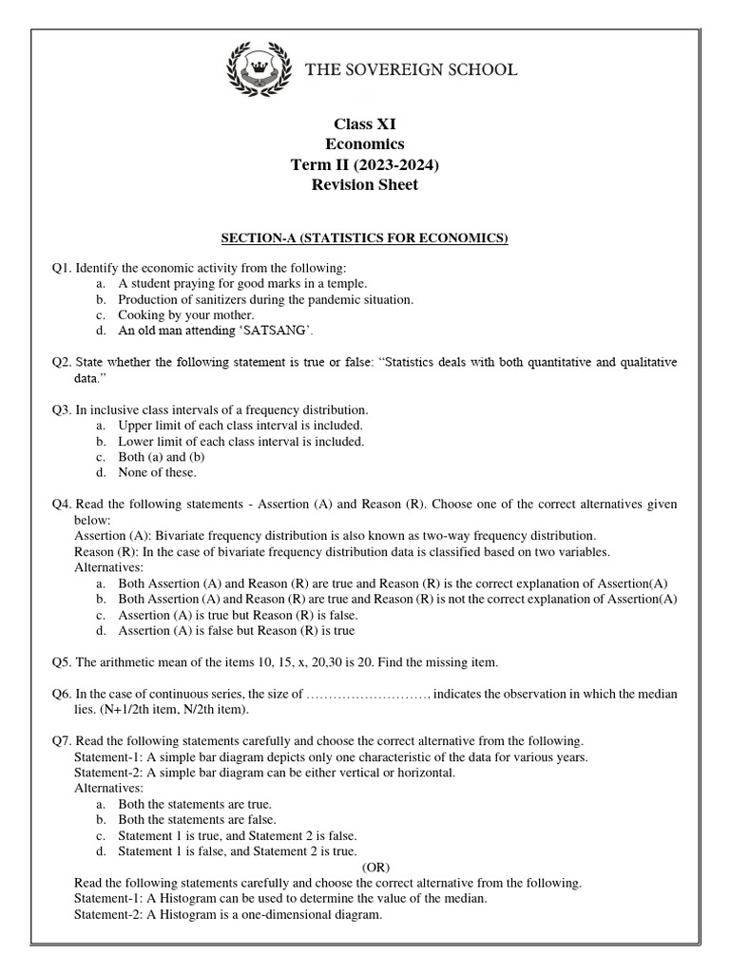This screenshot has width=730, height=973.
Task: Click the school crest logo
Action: pos(260,71)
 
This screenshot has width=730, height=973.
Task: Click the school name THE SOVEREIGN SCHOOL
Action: pos(411,69)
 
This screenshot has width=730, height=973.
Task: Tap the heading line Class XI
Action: pos(365,124)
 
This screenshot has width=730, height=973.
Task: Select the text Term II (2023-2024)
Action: pos(365,164)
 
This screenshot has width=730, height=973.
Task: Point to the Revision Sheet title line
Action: pos(365,184)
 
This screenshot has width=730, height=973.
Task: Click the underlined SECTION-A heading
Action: pos(365,238)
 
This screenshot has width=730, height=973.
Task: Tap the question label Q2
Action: pos(62,363)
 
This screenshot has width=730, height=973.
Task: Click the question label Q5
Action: pos(62,661)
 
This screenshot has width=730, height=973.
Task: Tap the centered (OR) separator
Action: pos(376,867)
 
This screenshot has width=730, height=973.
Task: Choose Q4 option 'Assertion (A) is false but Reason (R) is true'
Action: pos(237,630)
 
